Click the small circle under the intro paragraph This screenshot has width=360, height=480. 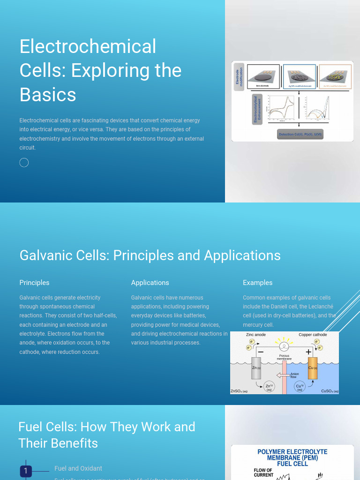tap(24, 163)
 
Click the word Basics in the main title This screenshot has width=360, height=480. tap(48, 95)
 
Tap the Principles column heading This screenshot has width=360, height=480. tap(34, 283)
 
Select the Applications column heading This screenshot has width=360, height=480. tap(150, 283)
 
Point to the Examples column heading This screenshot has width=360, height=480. tap(257, 283)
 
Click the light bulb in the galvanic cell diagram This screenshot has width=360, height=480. tap(284, 346)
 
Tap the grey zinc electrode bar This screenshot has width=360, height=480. tap(256, 368)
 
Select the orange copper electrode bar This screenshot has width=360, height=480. tap(313, 368)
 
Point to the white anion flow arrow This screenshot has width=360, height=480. tap(283, 375)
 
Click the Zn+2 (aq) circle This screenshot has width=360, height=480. tap(269, 387)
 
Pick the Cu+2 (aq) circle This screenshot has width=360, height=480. tap(300, 387)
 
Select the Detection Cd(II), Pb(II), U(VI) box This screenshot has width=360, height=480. tap(300, 135)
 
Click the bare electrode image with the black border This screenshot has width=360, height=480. tap(263, 76)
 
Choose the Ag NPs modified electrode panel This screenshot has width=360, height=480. tap(300, 76)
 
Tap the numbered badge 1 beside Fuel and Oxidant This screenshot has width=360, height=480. tap(26, 471)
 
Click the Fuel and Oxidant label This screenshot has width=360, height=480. tap(78, 468)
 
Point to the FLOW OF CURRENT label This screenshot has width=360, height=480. tap(263, 472)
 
